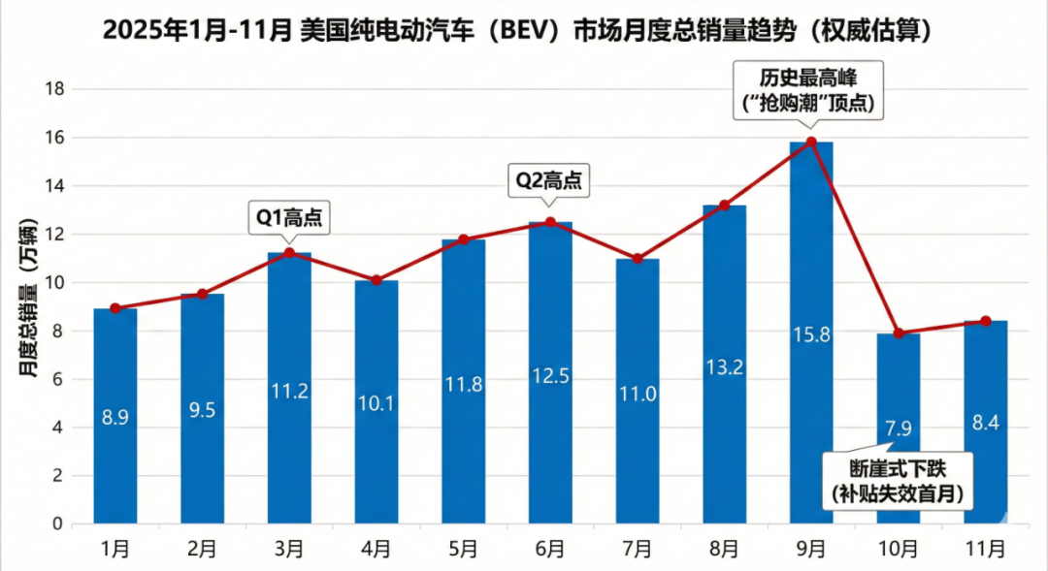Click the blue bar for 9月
click(x=811, y=388)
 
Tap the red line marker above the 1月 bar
click(x=115, y=308)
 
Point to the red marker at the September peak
click(x=811, y=142)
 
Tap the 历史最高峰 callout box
click(x=811, y=89)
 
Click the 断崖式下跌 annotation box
click(x=899, y=480)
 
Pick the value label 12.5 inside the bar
click(x=550, y=373)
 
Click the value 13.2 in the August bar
click(x=724, y=365)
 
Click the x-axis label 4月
click(x=376, y=549)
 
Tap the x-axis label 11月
click(x=986, y=549)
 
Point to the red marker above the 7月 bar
click(x=638, y=259)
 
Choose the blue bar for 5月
click(x=463, y=388)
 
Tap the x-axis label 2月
click(x=202, y=549)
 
